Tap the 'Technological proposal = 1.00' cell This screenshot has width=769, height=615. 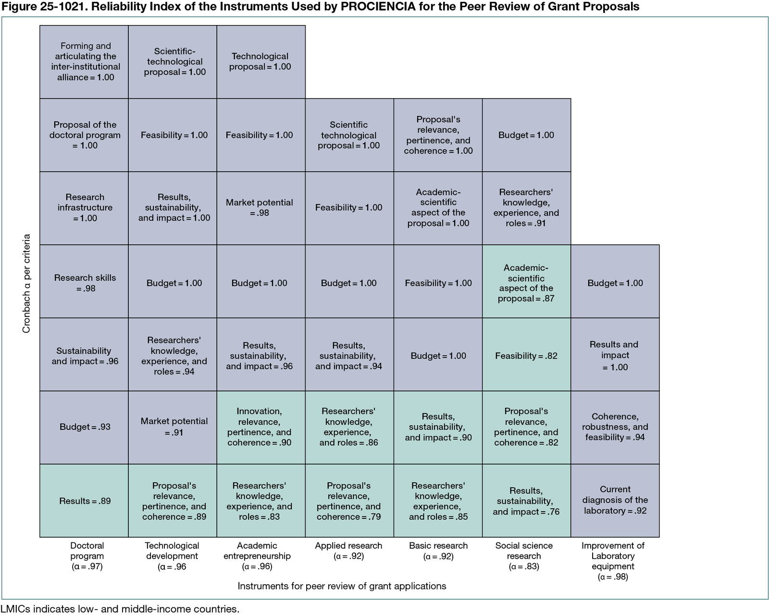(x=261, y=62)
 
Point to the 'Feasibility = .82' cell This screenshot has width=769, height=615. (x=526, y=356)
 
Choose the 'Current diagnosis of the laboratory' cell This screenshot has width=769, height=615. (x=615, y=500)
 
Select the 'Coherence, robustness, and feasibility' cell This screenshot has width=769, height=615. (x=615, y=427)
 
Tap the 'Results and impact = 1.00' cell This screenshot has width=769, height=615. (x=615, y=356)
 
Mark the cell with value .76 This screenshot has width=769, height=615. (x=526, y=501)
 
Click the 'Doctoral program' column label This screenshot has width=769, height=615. (x=87, y=556)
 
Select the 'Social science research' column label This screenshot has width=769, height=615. (x=524, y=556)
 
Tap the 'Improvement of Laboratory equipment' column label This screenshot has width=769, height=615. (x=613, y=561)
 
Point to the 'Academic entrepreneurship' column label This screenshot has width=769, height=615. (x=257, y=556)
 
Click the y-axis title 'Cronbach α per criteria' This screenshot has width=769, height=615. (x=26, y=284)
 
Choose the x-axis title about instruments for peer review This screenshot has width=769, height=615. (x=342, y=586)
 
